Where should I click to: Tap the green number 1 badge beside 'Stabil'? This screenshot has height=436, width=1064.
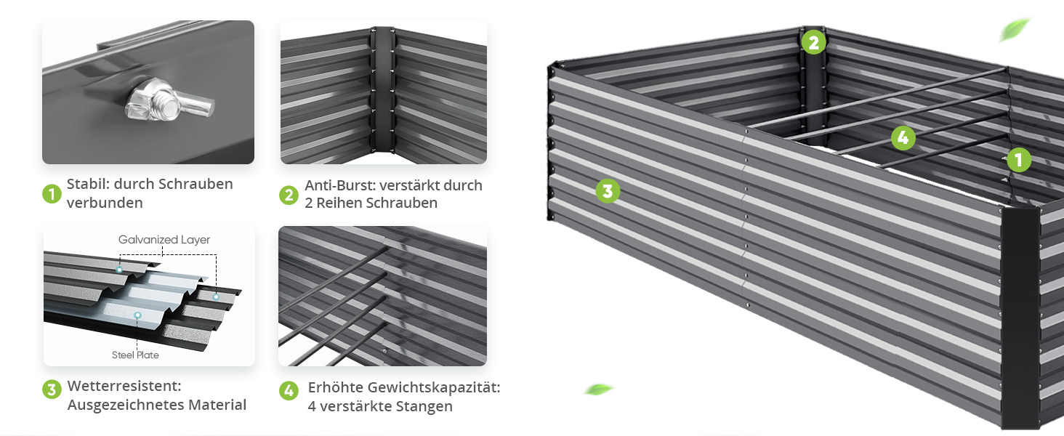[x=52, y=194]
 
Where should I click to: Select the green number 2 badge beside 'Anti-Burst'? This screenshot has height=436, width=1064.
[x=289, y=195]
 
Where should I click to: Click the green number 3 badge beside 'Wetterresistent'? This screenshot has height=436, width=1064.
[x=52, y=389]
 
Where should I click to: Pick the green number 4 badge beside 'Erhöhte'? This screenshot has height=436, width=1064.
[x=289, y=391]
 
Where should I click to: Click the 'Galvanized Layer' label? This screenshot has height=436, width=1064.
[x=164, y=240]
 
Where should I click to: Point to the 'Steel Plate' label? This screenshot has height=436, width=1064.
[x=135, y=355]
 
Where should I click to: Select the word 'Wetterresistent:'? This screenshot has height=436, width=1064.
[x=124, y=386]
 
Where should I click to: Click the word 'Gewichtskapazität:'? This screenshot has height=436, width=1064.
[x=434, y=387]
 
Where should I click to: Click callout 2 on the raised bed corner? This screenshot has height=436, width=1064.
[x=814, y=43]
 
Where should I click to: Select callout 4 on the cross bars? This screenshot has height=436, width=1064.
[x=903, y=138]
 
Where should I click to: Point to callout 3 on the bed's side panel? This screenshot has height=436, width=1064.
[x=608, y=191]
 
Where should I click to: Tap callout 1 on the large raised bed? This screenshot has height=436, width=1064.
[x=1019, y=160]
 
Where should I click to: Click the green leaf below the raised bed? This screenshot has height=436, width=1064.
[x=599, y=389]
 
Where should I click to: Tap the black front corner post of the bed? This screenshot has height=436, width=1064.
[x=1020, y=318]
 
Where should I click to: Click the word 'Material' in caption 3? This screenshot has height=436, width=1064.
[x=217, y=405]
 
